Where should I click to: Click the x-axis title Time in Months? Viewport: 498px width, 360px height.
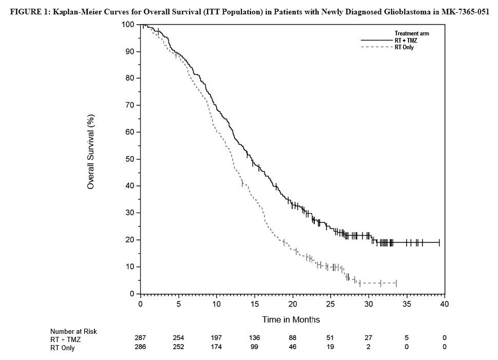coord(291,319)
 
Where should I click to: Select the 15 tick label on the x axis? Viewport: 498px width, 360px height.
coord(255,304)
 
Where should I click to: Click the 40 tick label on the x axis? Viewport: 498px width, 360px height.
coord(445,304)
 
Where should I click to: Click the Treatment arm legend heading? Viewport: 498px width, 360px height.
coord(412,33)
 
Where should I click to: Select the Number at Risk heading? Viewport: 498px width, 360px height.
coord(73,331)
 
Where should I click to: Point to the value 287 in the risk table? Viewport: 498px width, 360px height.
coord(140,337)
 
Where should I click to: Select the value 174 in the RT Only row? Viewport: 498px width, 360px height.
coord(217,347)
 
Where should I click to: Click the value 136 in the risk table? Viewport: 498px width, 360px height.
coord(255,337)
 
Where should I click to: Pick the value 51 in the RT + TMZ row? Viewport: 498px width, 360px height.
coord(331,337)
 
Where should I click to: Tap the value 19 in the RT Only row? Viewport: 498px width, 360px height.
coord(331,347)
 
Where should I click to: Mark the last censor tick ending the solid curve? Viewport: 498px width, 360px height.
coord(439,242)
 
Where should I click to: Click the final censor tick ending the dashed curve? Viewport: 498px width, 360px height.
coord(396,283)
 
